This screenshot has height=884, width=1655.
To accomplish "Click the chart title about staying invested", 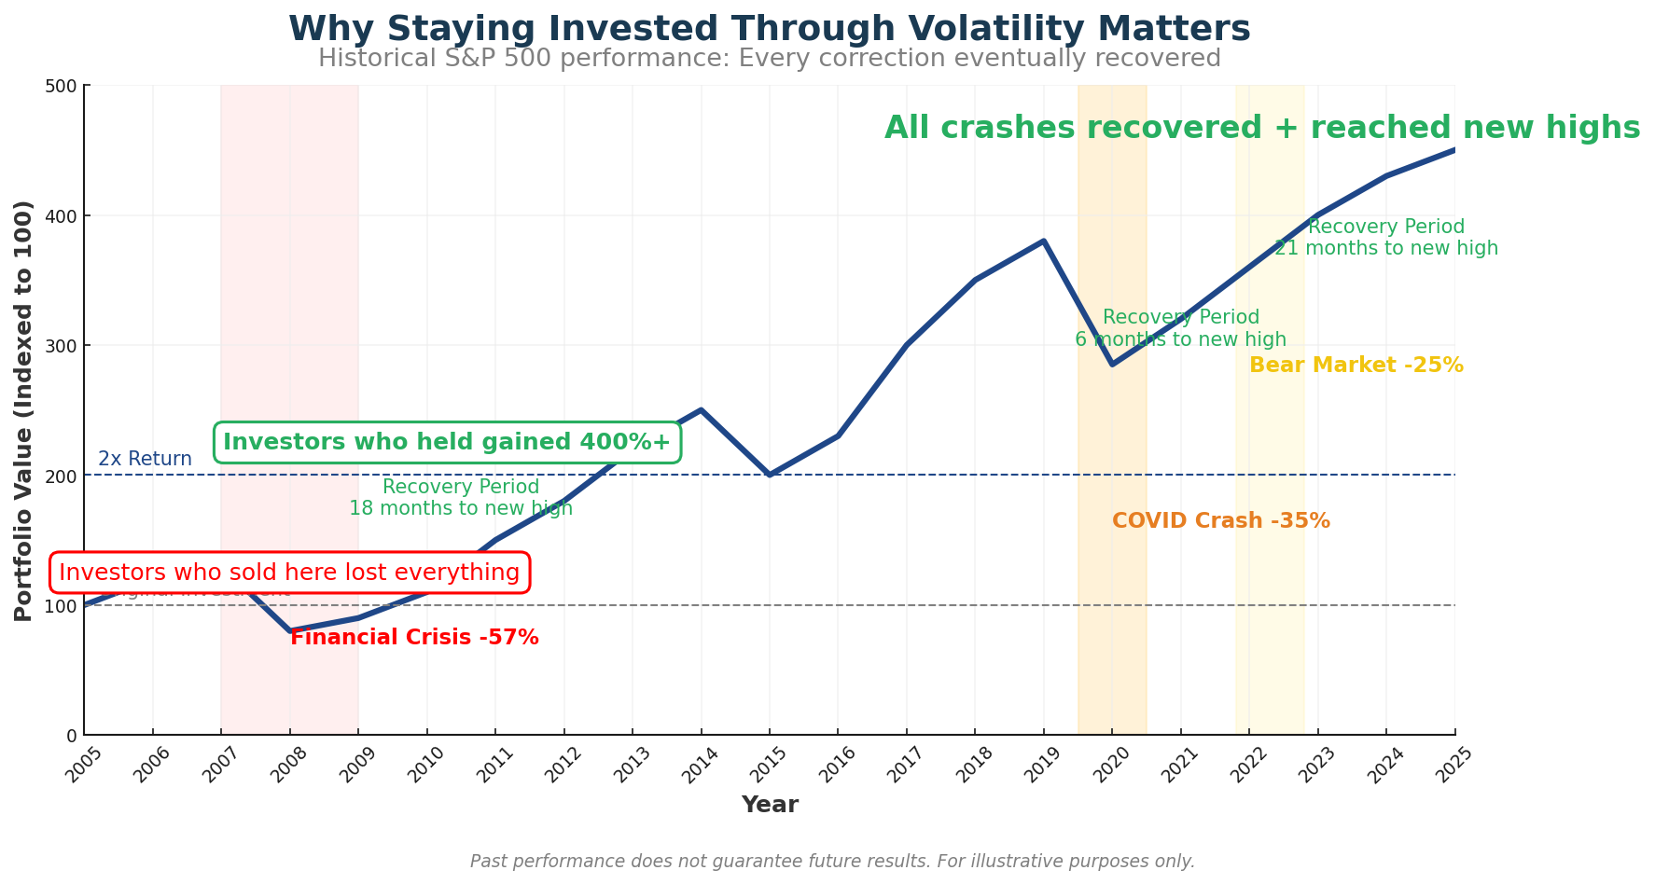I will tap(769, 29).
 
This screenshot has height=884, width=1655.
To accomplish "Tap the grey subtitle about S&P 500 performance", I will tap(769, 59).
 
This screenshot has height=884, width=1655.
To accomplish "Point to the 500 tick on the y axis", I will tap(63, 86).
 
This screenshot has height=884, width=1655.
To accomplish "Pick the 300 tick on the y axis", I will tap(63, 346).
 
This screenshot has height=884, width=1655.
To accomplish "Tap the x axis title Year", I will tap(770, 805).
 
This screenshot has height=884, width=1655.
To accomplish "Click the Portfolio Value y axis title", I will tap(24, 410).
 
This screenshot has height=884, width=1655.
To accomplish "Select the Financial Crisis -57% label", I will tap(414, 638).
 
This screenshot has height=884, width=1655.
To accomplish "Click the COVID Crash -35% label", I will tap(1220, 521).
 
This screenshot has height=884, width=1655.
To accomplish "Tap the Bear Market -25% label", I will tap(1356, 366).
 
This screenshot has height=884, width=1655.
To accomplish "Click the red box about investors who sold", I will tap(289, 573).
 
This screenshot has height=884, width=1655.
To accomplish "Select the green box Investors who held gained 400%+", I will tap(447, 442).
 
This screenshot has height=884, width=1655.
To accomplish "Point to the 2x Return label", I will tap(145, 459).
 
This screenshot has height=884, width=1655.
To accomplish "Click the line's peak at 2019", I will tap(1044, 241).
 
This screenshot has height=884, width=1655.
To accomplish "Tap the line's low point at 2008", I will tap(290, 631).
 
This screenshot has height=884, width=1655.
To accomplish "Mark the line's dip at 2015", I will tap(770, 475).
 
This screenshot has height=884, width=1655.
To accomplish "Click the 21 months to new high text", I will tap(1385, 249).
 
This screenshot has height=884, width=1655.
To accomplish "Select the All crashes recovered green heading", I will tap(1261, 128).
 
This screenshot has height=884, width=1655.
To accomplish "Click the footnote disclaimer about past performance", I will tap(832, 862).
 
